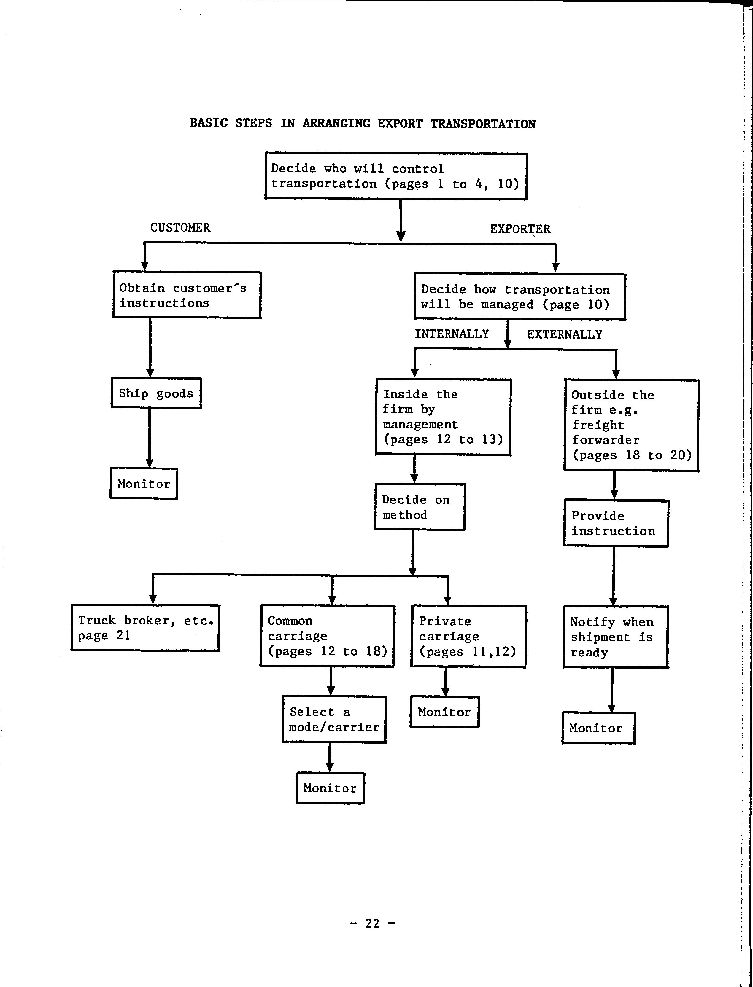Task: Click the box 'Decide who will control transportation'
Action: [396, 176]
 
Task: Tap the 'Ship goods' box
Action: [156, 393]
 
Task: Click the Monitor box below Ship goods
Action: [143, 484]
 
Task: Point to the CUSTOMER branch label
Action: [180, 227]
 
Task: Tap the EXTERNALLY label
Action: [564, 334]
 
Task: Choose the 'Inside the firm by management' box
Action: [443, 417]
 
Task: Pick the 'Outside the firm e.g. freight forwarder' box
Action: [631, 425]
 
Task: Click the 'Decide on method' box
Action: [420, 506]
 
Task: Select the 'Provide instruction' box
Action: [616, 523]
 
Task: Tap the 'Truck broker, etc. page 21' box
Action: [145, 627]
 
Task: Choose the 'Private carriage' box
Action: [468, 636]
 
